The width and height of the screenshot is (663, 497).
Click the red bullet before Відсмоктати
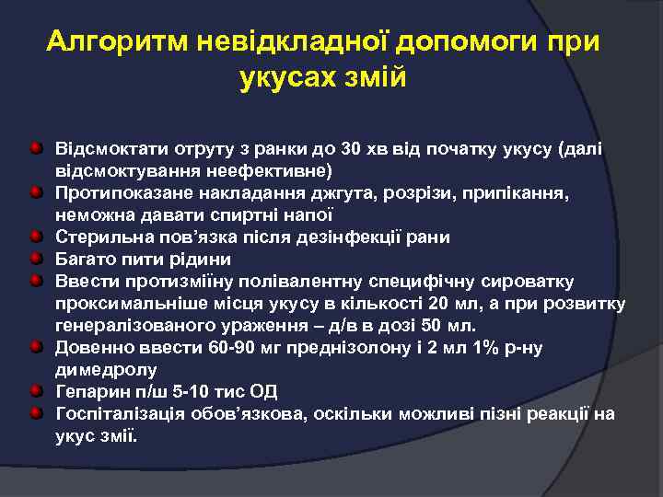[34, 148]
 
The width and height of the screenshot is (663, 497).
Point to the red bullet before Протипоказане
[34, 192]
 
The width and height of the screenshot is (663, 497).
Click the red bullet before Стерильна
[34, 237]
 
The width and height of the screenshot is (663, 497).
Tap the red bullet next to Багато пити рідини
[34, 259]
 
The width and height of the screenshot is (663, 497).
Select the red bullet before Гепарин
[34, 391]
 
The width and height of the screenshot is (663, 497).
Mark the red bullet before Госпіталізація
[34, 413]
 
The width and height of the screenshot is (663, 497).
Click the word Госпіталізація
[121, 414]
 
